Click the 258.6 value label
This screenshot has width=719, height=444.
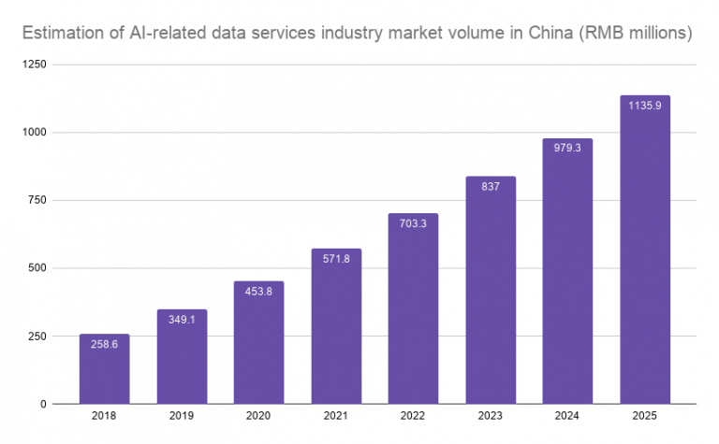pyautogui.click(x=104, y=344)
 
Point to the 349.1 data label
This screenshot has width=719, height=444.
pyautogui.click(x=182, y=319)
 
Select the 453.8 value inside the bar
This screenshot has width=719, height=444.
pyautogui.click(x=258, y=291)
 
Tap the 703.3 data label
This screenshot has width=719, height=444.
pyautogui.click(x=413, y=223)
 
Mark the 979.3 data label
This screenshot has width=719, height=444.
pyautogui.click(x=567, y=149)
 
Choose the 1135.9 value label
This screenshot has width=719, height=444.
pyautogui.click(x=645, y=106)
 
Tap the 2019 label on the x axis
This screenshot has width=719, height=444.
pyautogui.click(x=182, y=418)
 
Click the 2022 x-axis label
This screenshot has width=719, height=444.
pyautogui.click(x=413, y=418)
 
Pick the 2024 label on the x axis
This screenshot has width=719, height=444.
pyautogui.click(x=567, y=418)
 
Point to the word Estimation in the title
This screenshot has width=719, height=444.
pyautogui.click(x=65, y=35)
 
